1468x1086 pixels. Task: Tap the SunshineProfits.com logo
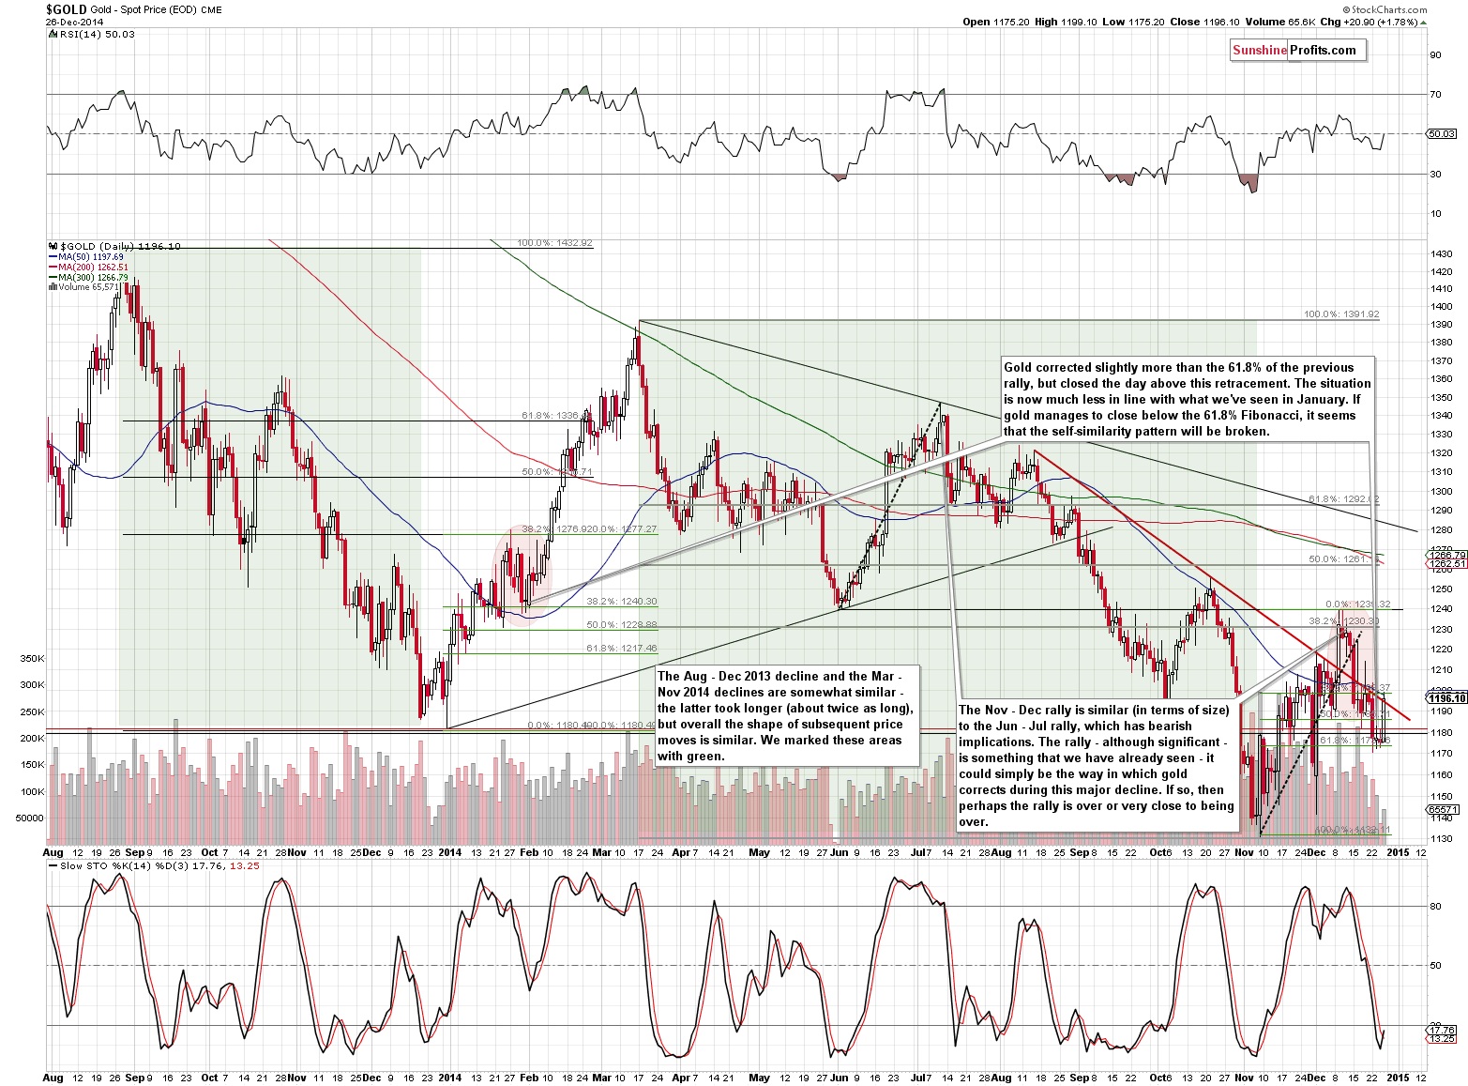click(x=1294, y=51)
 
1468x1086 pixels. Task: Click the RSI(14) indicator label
click(x=79, y=35)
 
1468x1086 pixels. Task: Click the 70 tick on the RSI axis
click(x=1435, y=95)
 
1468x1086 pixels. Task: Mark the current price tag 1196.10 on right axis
click(x=1445, y=697)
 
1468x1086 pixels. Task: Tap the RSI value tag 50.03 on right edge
click(x=1441, y=134)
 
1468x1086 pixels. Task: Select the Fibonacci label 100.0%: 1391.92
click(x=1341, y=315)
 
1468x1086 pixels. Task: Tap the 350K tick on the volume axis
click(x=32, y=659)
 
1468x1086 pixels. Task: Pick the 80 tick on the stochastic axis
click(x=1435, y=906)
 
